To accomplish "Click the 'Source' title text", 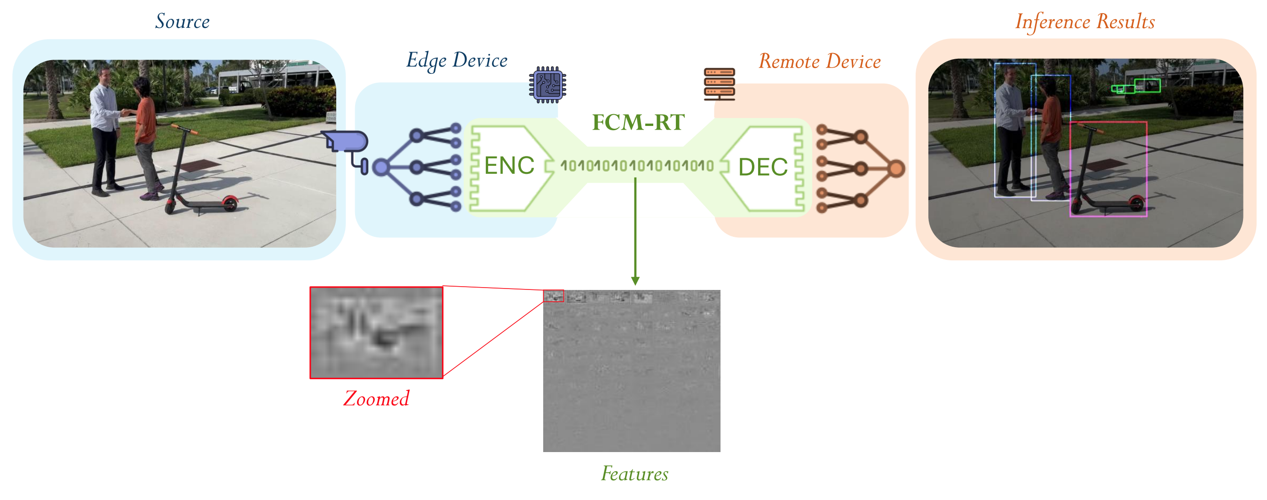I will click(x=182, y=21).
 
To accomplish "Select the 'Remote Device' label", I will click(x=819, y=62).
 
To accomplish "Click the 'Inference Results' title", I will click(x=1085, y=22).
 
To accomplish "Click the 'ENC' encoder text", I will click(x=508, y=165).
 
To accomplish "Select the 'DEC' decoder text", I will click(x=762, y=167).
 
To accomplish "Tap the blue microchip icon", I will click(x=547, y=85).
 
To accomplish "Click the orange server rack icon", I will click(x=719, y=84).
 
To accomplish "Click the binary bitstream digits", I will click(x=636, y=166).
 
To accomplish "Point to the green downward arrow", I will click(x=635, y=231).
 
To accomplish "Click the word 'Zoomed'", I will click(x=376, y=398).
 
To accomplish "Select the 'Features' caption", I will click(x=634, y=474).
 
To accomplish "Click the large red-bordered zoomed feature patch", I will click(x=376, y=333).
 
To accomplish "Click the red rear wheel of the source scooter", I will click(x=230, y=203).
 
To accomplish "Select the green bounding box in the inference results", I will click(x=1147, y=86).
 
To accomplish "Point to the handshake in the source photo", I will click(x=127, y=113).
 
